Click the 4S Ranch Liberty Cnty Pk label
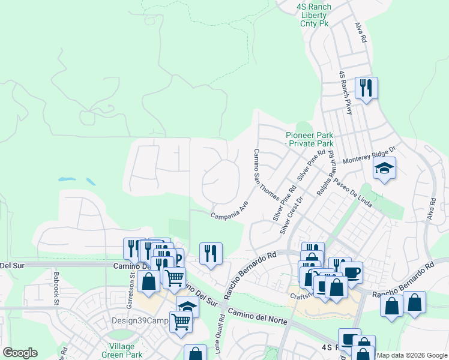313,15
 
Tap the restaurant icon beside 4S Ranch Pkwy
364,89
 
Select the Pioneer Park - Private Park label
309,139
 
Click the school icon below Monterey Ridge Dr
384,169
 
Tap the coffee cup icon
351,272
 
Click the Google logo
20,353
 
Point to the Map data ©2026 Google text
412,355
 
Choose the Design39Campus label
139,320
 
